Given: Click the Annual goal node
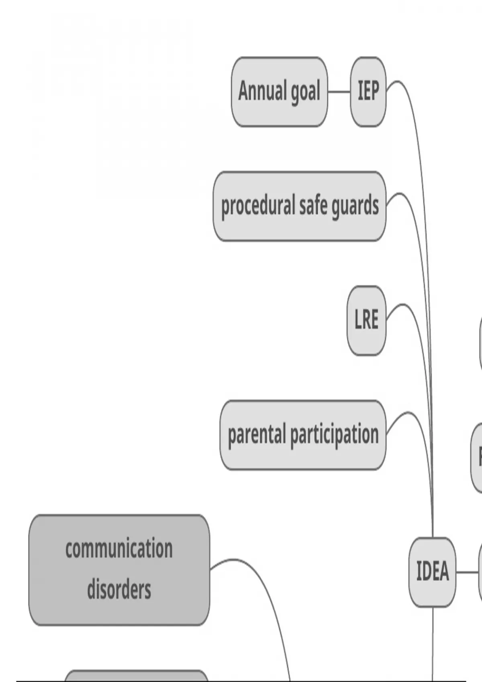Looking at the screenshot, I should click(279, 92).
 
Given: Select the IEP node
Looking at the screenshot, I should click(368, 92).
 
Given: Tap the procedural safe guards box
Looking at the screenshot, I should click(300, 206).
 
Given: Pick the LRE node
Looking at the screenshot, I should click(366, 321).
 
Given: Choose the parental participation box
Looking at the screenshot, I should click(303, 435).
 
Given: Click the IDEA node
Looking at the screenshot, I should click(432, 572).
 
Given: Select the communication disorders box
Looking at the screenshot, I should click(119, 570).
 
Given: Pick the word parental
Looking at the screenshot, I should click(257, 435).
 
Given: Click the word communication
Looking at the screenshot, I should click(119, 549).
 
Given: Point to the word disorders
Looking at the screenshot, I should click(119, 590).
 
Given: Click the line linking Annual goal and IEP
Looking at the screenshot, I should click(339, 92).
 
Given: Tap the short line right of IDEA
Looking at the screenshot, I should click(467, 572).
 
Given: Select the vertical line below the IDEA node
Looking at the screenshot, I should click(433, 642).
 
